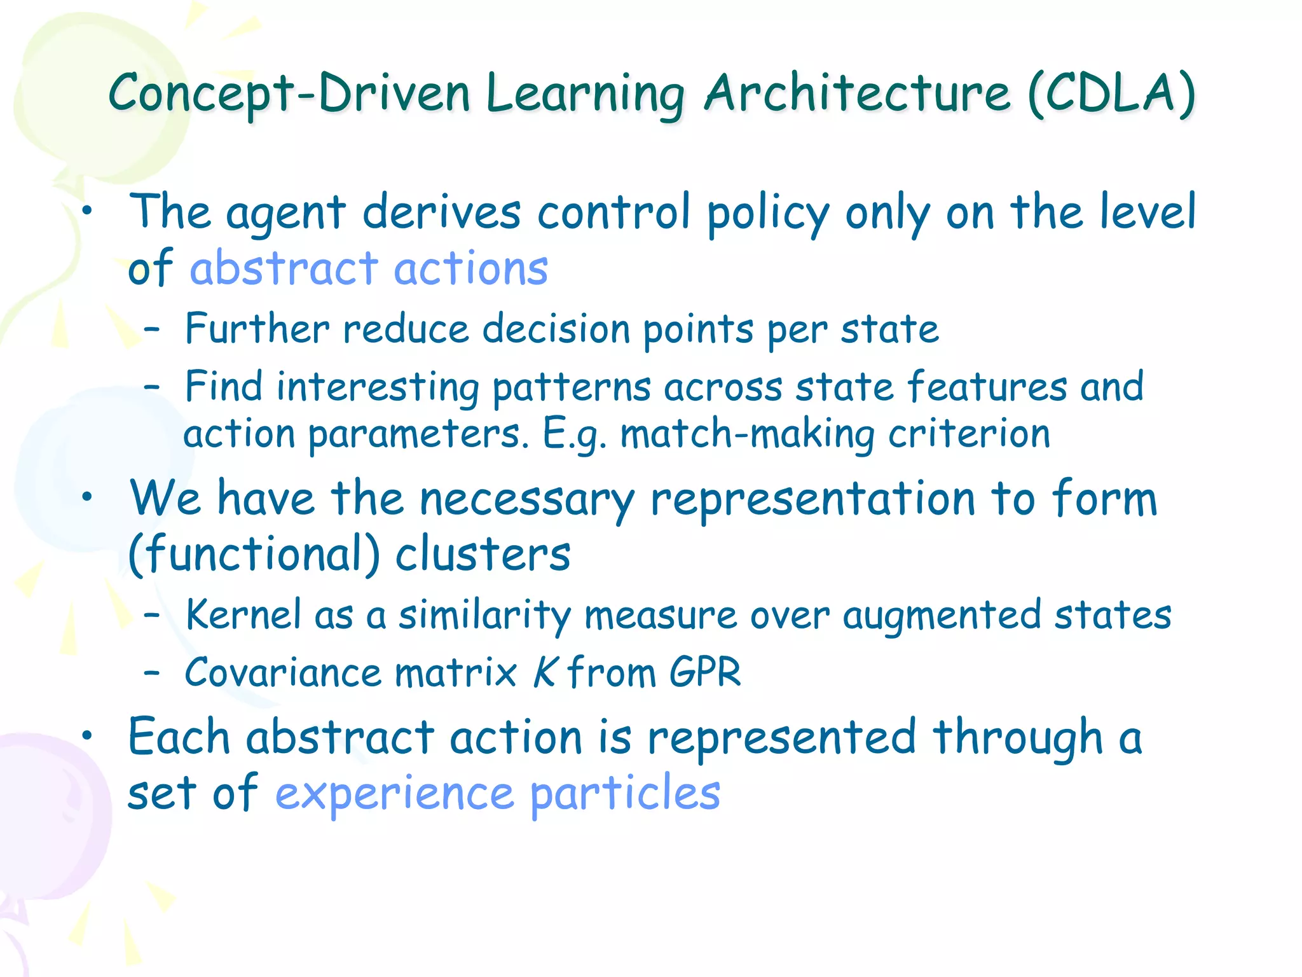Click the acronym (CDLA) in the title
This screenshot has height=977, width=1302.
point(1111,94)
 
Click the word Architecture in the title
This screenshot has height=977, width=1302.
point(857,94)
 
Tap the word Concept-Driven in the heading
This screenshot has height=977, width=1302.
point(289,94)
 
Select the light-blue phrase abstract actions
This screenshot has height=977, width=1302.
point(369,268)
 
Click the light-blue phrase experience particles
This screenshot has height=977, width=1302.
point(498,793)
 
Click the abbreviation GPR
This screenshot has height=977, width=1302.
point(705,672)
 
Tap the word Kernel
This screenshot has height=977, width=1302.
point(243,615)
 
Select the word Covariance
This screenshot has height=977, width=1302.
point(283,672)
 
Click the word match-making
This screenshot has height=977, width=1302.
point(747,434)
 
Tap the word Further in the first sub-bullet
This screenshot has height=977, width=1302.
point(257,329)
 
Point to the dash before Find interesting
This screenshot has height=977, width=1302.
point(151,386)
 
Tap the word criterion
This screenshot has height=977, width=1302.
point(969,434)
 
